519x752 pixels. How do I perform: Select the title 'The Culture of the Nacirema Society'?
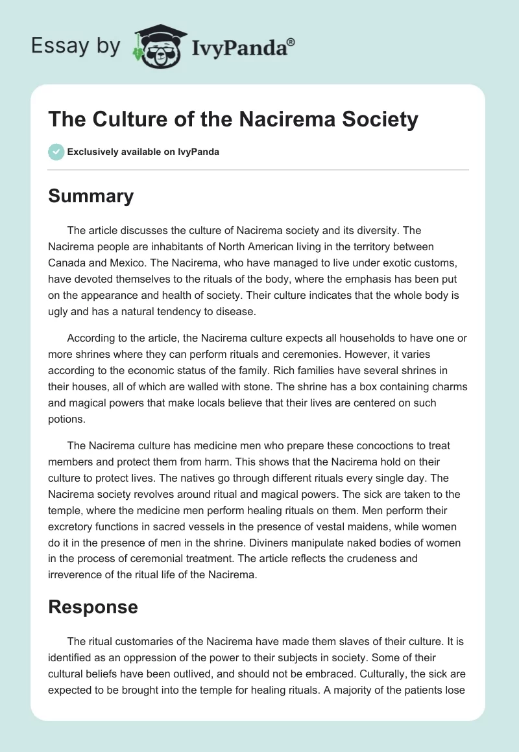(x=234, y=120)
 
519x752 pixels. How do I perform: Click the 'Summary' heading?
(x=91, y=195)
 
